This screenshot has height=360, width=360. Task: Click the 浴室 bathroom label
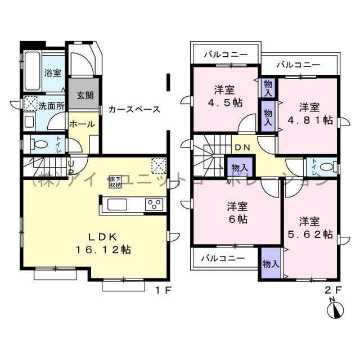point(53,73)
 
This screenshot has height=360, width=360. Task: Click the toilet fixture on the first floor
point(39,144)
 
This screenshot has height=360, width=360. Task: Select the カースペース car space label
point(135,109)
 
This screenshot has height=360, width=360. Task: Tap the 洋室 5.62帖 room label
point(308,227)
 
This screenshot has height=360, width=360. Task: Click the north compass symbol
point(336,310)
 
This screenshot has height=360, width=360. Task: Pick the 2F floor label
point(334,290)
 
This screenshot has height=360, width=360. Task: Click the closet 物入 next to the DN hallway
point(238,167)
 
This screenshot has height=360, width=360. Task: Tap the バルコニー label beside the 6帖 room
point(224,259)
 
